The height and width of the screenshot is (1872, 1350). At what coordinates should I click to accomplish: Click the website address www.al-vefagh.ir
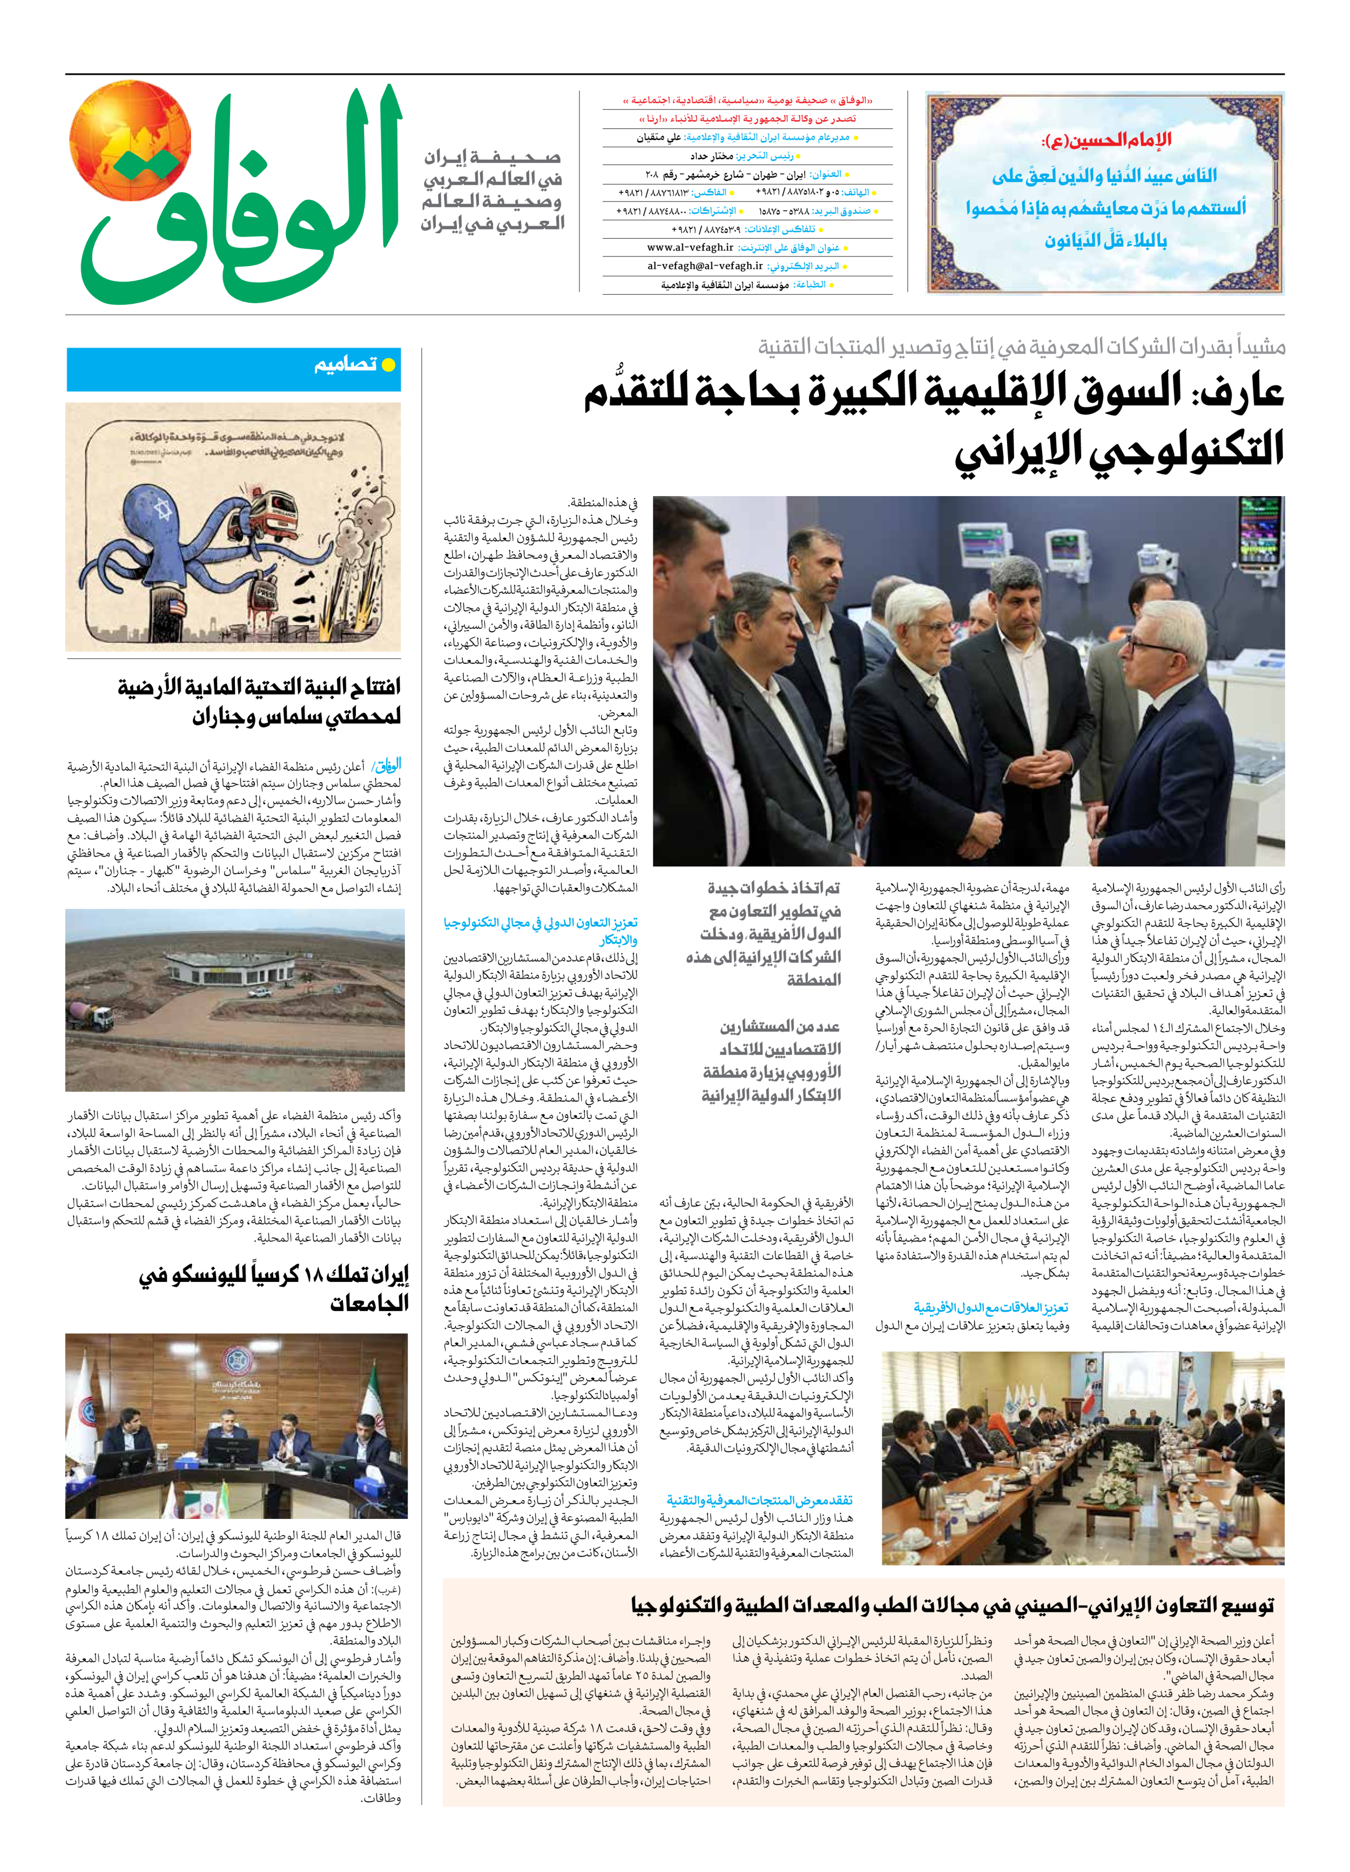(690, 248)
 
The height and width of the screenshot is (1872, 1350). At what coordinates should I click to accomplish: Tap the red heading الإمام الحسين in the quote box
(1106, 140)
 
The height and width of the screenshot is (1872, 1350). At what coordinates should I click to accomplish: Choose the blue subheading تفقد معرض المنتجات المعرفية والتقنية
(760, 1500)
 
